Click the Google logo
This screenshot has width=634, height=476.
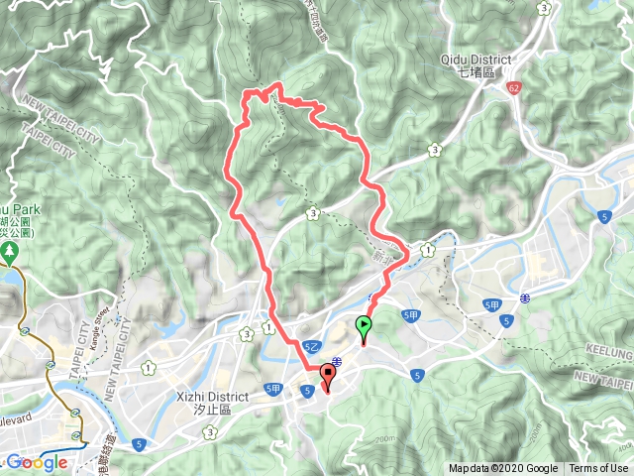(x=37, y=462)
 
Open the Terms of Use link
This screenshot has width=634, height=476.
(x=598, y=469)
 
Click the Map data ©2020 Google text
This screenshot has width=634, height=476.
(x=503, y=469)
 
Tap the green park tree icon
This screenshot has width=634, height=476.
(x=12, y=252)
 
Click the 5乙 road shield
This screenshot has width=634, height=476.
(x=311, y=345)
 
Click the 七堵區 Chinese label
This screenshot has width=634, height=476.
(x=476, y=71)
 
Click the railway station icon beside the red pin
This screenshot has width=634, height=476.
(x=338, y=361)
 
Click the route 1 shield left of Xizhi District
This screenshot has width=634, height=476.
(x=148, y=369)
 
